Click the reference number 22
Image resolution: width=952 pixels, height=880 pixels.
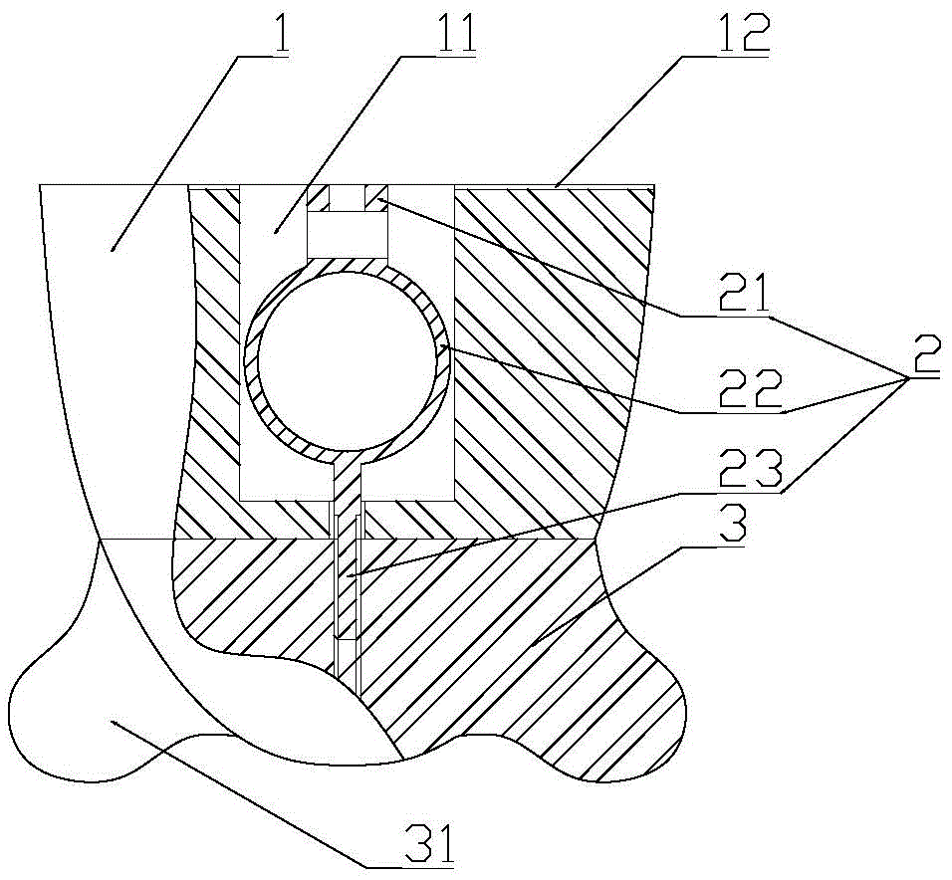748,389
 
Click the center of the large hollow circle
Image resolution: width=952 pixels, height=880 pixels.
348,360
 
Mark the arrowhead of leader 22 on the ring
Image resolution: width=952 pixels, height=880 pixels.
444,347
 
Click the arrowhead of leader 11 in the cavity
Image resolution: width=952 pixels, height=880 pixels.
275,231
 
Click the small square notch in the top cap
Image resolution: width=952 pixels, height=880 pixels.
348,198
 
